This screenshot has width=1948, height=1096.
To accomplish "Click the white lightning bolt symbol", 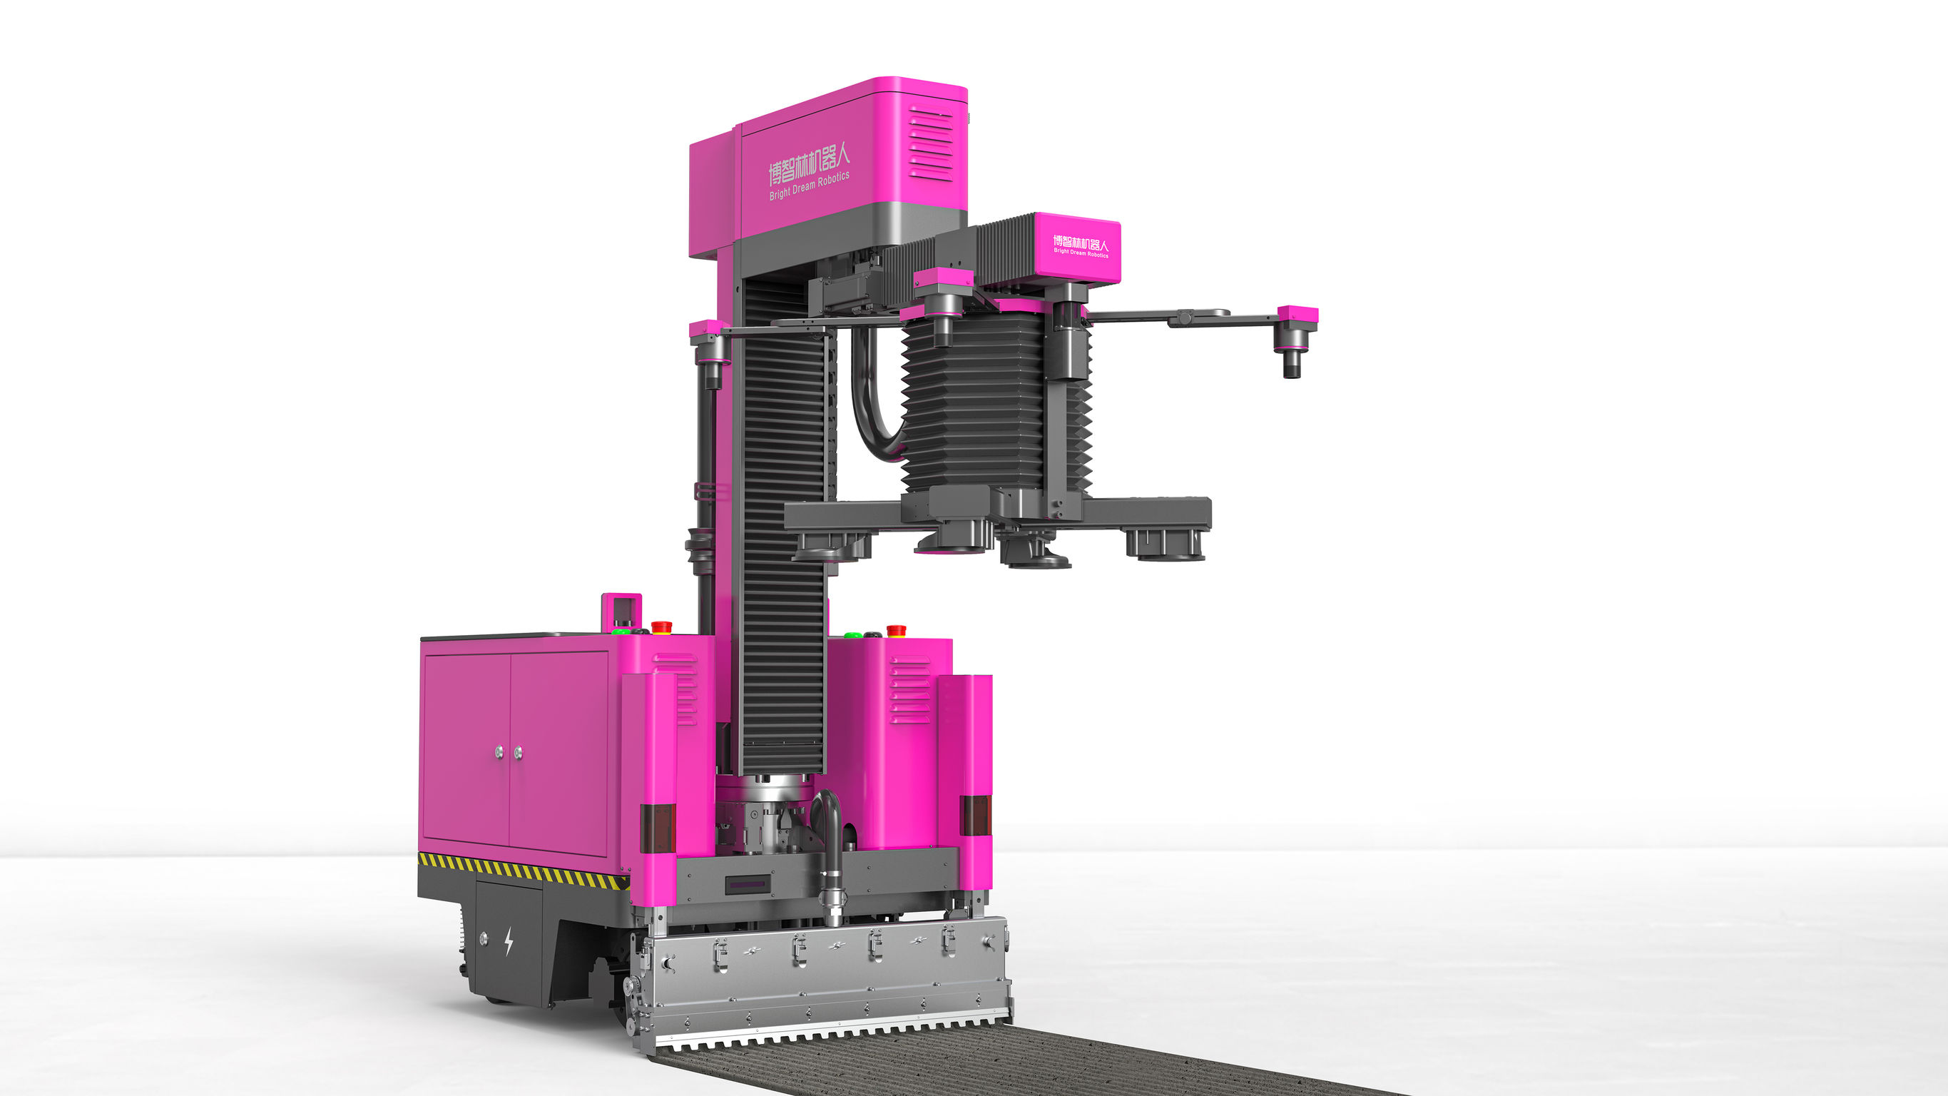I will pos(508,941).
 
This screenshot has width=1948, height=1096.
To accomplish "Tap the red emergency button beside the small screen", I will pos(662,626).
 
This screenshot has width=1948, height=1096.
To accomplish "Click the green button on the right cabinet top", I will pos(853,634).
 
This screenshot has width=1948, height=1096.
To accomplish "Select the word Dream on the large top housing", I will pos(804,186).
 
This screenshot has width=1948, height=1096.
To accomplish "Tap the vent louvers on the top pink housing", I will pos(931,143).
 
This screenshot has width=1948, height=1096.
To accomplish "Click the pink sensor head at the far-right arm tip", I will pos(1297,314).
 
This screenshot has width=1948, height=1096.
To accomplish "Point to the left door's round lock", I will pos(499,752).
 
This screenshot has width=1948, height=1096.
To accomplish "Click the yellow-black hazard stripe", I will pos(522,871).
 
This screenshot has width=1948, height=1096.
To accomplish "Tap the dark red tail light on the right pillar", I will pos(975,815).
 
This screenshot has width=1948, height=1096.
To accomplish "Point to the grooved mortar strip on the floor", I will pos(983,1067).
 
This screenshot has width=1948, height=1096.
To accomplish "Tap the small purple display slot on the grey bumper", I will pos(747,884).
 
